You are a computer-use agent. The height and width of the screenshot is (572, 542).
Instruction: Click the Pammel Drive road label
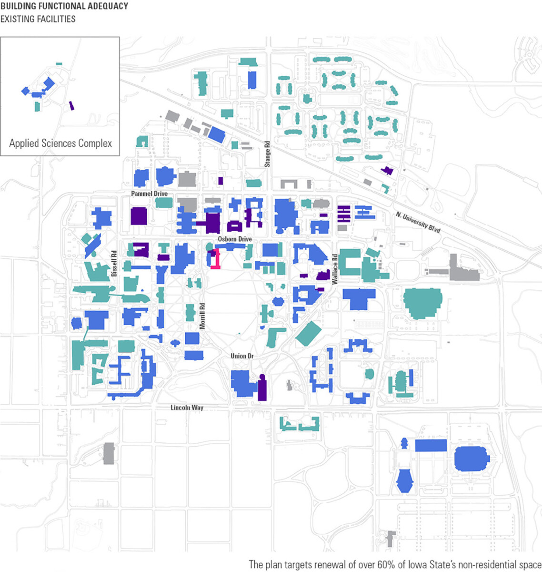pyautogui.click(x=150, y=194)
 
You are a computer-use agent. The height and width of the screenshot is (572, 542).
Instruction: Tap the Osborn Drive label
pyautogui.click(x=234, y=239)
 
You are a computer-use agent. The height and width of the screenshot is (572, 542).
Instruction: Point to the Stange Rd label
pyautogui.click(x=268, y=153)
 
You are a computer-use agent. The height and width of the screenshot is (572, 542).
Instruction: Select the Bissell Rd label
pyautogui.click(x=114, y=264)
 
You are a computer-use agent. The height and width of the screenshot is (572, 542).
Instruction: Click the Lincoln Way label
pyautogui.click(x=187, y=408)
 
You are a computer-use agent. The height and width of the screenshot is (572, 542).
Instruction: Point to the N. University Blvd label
pyautogui.click(x=418, y=222)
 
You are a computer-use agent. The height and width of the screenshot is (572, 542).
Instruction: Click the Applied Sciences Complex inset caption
pyautogui.click(x=60, y=143)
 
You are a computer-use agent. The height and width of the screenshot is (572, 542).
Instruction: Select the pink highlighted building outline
pyautogui.click(x=215, y=260)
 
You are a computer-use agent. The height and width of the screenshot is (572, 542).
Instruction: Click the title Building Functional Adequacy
pyautogui.click(x=64, y=6)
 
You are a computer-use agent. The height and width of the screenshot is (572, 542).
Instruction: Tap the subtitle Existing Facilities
pyautogui.click(x=38, y=19)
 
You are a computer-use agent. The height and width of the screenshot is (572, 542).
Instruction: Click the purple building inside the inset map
pyautogui.click(x=72, y=105)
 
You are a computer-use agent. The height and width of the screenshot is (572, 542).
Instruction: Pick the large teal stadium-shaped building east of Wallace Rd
pyautogui.click(x=422, y=303)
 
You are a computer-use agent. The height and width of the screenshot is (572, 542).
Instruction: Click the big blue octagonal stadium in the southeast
pyautogui.click(x=472, y=459)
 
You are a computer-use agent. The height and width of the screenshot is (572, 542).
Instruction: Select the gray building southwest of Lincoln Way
pyautogui.click(x=109, y=453)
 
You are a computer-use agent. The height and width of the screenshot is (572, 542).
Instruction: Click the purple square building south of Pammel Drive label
pyautogui.click(x=139, y=216)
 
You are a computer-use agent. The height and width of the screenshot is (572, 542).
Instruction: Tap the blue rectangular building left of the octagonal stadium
pyautogui.click(x=431, y=446)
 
